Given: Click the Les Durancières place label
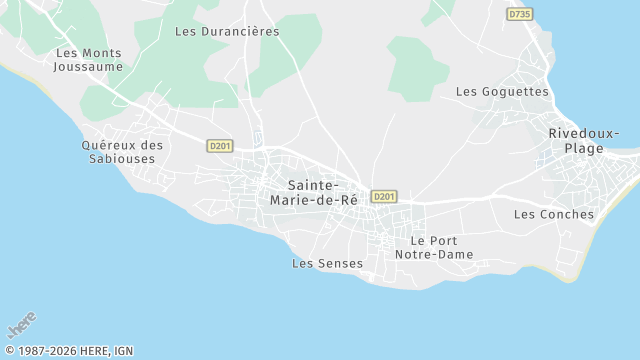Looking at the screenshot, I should tap(227, 31).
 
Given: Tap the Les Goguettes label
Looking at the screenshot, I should tap(502, 91).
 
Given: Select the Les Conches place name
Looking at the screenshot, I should tap(553, 214).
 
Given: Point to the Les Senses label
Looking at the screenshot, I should tap(327, 263).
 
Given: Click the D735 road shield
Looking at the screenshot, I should tap(519, 14).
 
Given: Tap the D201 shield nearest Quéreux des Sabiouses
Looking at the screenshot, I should tap(220, 146).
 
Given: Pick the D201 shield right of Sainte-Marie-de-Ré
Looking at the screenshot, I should tap(383, 196).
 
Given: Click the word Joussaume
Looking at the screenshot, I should tap(90, 67).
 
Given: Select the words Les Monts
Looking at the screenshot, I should tap(88, 53).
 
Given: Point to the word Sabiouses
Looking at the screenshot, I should tap(123, 158).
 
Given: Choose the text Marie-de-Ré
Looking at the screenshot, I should tap(314, 199).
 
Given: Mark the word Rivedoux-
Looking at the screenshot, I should tap(584, 134).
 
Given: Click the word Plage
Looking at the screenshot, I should tap(584, 148).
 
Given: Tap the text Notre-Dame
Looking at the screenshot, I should tap(441, 255).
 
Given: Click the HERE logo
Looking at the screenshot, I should tap(21, 326).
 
